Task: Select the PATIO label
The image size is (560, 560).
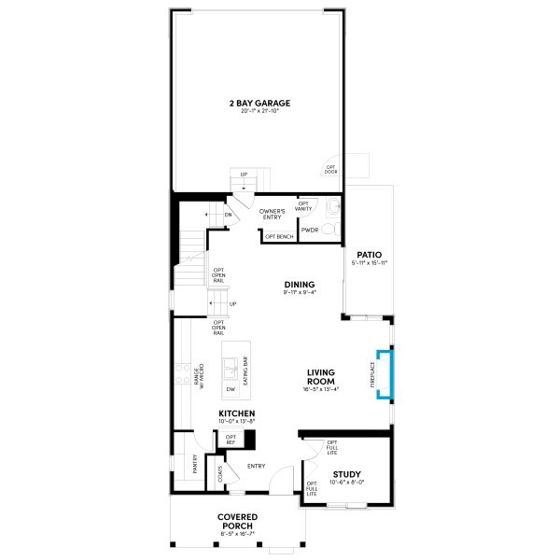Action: (x=367, y=254)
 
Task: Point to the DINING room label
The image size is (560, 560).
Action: (x=300, y=285)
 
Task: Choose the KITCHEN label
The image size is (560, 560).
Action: (x=236, y=413)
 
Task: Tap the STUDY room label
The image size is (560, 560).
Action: (x=346, y=474)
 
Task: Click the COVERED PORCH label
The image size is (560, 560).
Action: (x=237, y=522)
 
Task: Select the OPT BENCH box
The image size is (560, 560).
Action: (x=280, y=237)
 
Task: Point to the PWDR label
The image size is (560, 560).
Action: (x=310, y=229)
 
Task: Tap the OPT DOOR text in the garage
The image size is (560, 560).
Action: (x=330, y=170)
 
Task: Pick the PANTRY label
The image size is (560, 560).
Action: (x=195, y=464)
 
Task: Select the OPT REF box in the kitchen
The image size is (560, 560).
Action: (x=231, y=439)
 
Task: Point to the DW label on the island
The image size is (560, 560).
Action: (x=230, y=389)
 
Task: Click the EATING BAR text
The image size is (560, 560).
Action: (x=245, y=371)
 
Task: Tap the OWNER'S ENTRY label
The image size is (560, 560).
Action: (x=272, y=215)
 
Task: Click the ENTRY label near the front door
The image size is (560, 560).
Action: (x=257, y=467)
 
